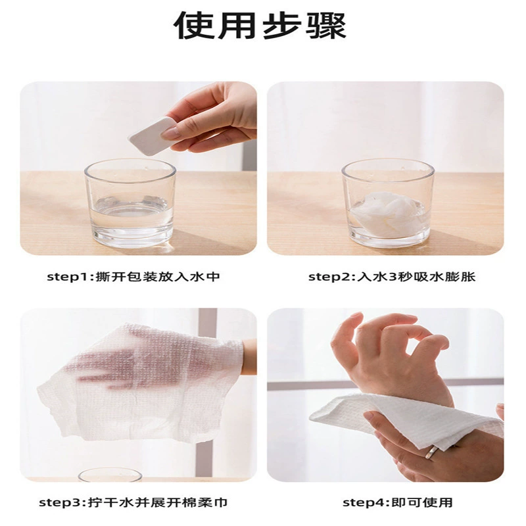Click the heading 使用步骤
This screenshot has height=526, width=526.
(260, 26)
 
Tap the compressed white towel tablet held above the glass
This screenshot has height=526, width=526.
(153, 135)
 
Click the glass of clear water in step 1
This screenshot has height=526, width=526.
(130, 203)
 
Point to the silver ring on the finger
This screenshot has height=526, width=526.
(431, 452)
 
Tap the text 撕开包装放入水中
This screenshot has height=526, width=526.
(158, 277)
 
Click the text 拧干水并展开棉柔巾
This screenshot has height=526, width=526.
(157, 502)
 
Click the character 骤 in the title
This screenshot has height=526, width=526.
(326, 26)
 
